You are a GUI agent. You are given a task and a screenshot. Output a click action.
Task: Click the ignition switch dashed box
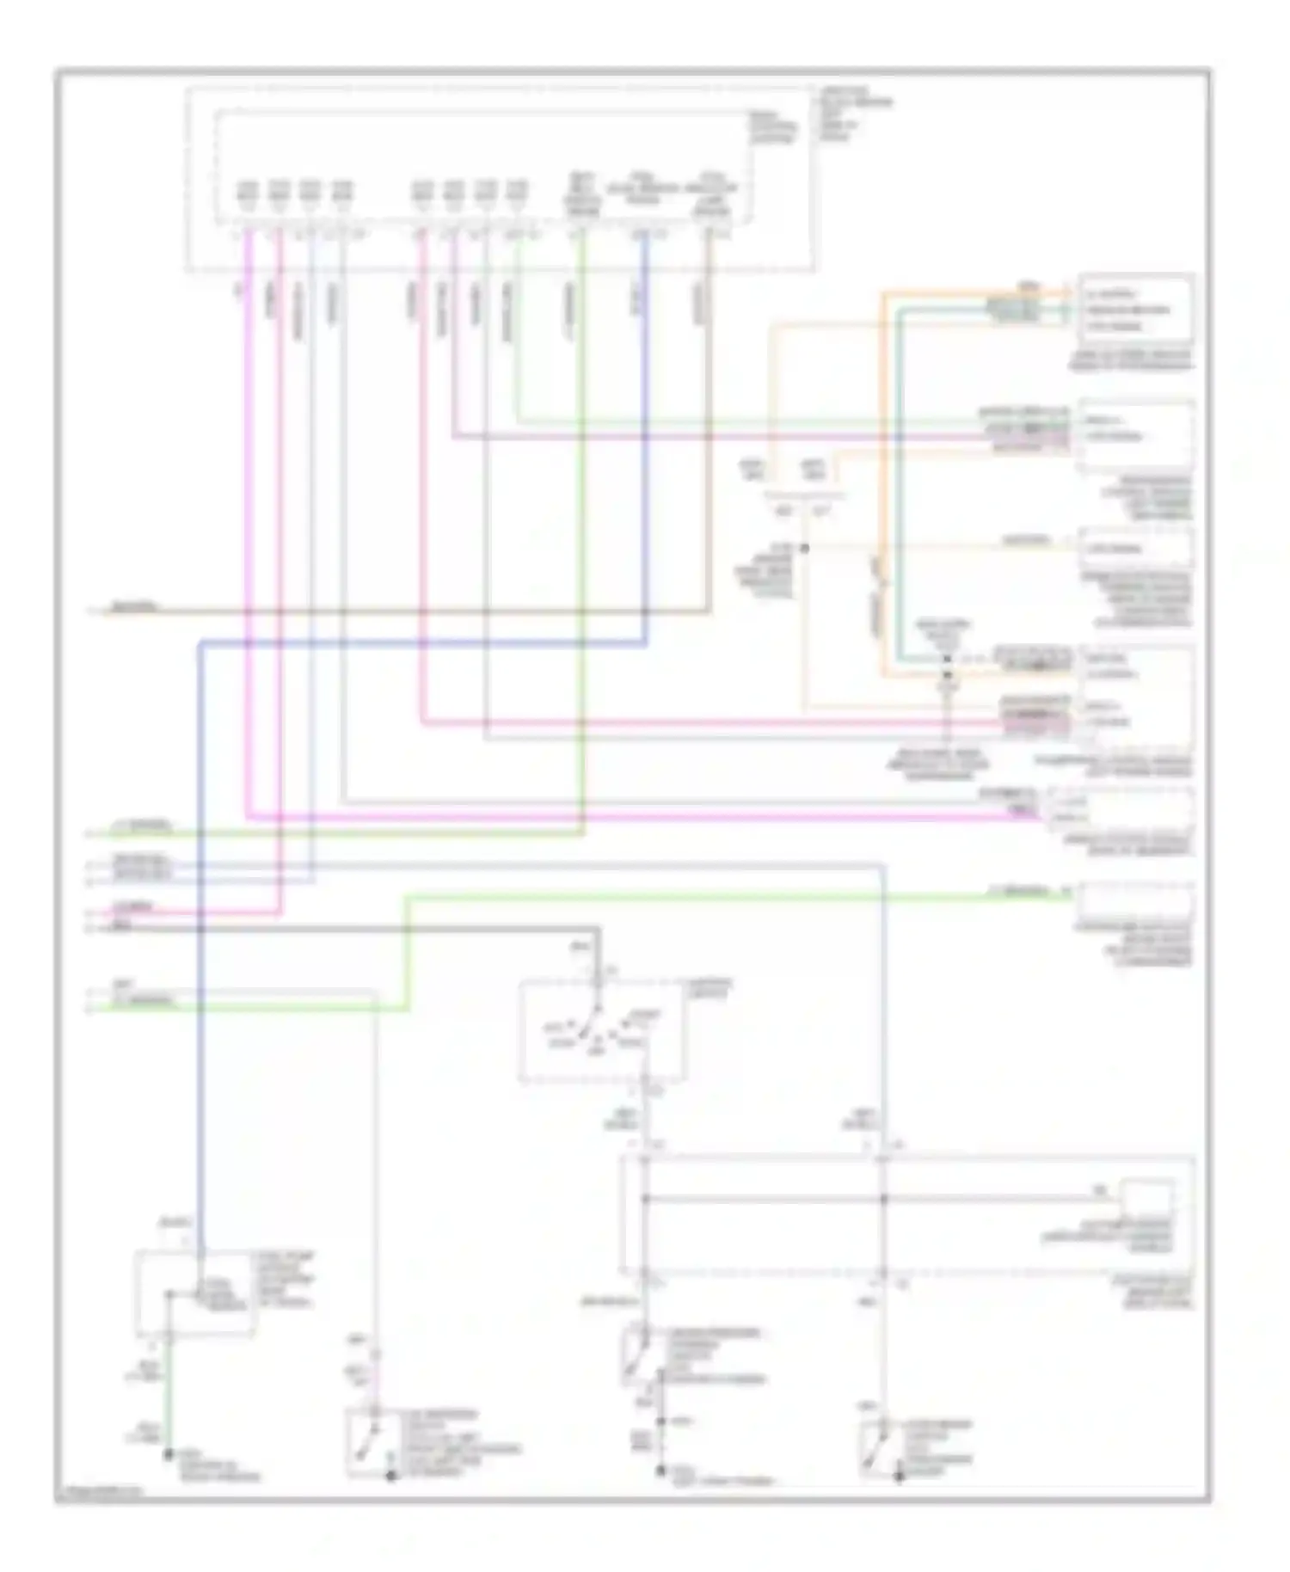click(x=602, y=1030)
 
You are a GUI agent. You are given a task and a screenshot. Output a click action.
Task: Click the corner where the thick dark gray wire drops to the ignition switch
click(x=598, y=930)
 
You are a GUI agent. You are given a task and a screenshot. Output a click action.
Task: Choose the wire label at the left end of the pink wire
click(x=134, y=906)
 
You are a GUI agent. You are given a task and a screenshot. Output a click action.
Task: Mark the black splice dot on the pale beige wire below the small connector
click(x=805, y=548)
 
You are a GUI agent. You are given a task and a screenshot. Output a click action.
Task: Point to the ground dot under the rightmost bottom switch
click(x=898, y=1477)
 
